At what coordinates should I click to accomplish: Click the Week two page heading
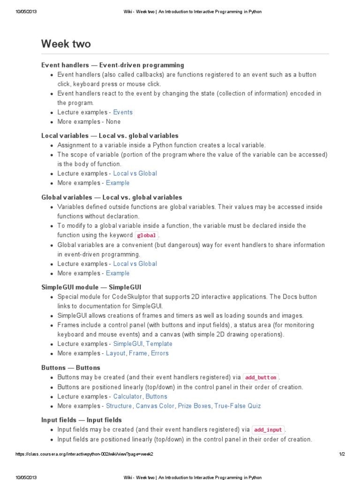click(x=66, y=44)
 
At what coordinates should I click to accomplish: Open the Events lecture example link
click(x=123, y=112)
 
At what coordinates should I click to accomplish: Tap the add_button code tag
click(x=261, y=377)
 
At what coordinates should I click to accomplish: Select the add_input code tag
click(x=269, y=430)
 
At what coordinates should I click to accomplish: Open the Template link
click(x=159, y=344)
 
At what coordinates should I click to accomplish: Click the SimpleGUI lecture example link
click(x=128, y=344)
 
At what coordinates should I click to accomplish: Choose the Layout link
click(x=116, y=353)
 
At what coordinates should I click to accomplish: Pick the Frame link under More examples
click(x=138, y=353)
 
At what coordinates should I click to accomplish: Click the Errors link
click(x=159, y=353)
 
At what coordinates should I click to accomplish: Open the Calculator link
click(x=127, y=397)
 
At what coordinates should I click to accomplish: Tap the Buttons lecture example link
click(x=156, y=397)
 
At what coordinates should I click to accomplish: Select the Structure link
click(x=119, y=406)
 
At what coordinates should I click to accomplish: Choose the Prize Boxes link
click(x=195, y=406)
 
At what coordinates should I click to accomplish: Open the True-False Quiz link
click(x=238, y=406)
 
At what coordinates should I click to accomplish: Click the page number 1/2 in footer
click(x=342, y=454)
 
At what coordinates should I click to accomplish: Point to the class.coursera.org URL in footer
click(x=84, y=454)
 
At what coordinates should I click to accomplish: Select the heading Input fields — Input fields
click(x=82, y=420)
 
